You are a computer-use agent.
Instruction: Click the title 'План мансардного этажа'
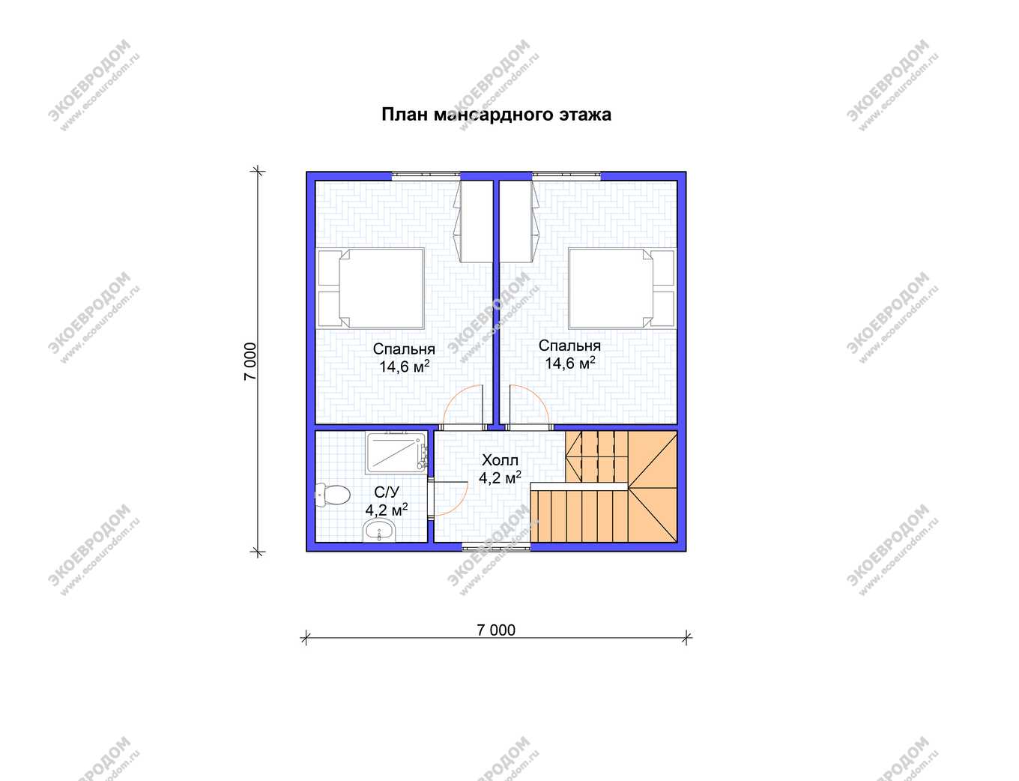(496, 115)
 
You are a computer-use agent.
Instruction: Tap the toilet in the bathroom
(333, 495)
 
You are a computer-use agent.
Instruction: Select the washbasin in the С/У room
(379, 531)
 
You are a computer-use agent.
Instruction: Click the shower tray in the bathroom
(396, 453)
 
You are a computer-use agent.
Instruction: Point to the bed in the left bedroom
(371, 288)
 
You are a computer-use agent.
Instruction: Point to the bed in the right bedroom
(621, 288)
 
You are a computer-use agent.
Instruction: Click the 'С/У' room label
(387, 492)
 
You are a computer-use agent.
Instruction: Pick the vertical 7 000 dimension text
(250, 362)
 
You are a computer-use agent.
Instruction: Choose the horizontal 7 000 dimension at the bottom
(496, 630)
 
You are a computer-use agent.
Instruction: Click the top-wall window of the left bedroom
(426, 176)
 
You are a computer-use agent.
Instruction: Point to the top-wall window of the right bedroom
(566, 176)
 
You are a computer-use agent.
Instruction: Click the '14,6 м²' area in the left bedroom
(404, 367)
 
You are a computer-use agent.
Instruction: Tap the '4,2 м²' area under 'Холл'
(500, 477)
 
